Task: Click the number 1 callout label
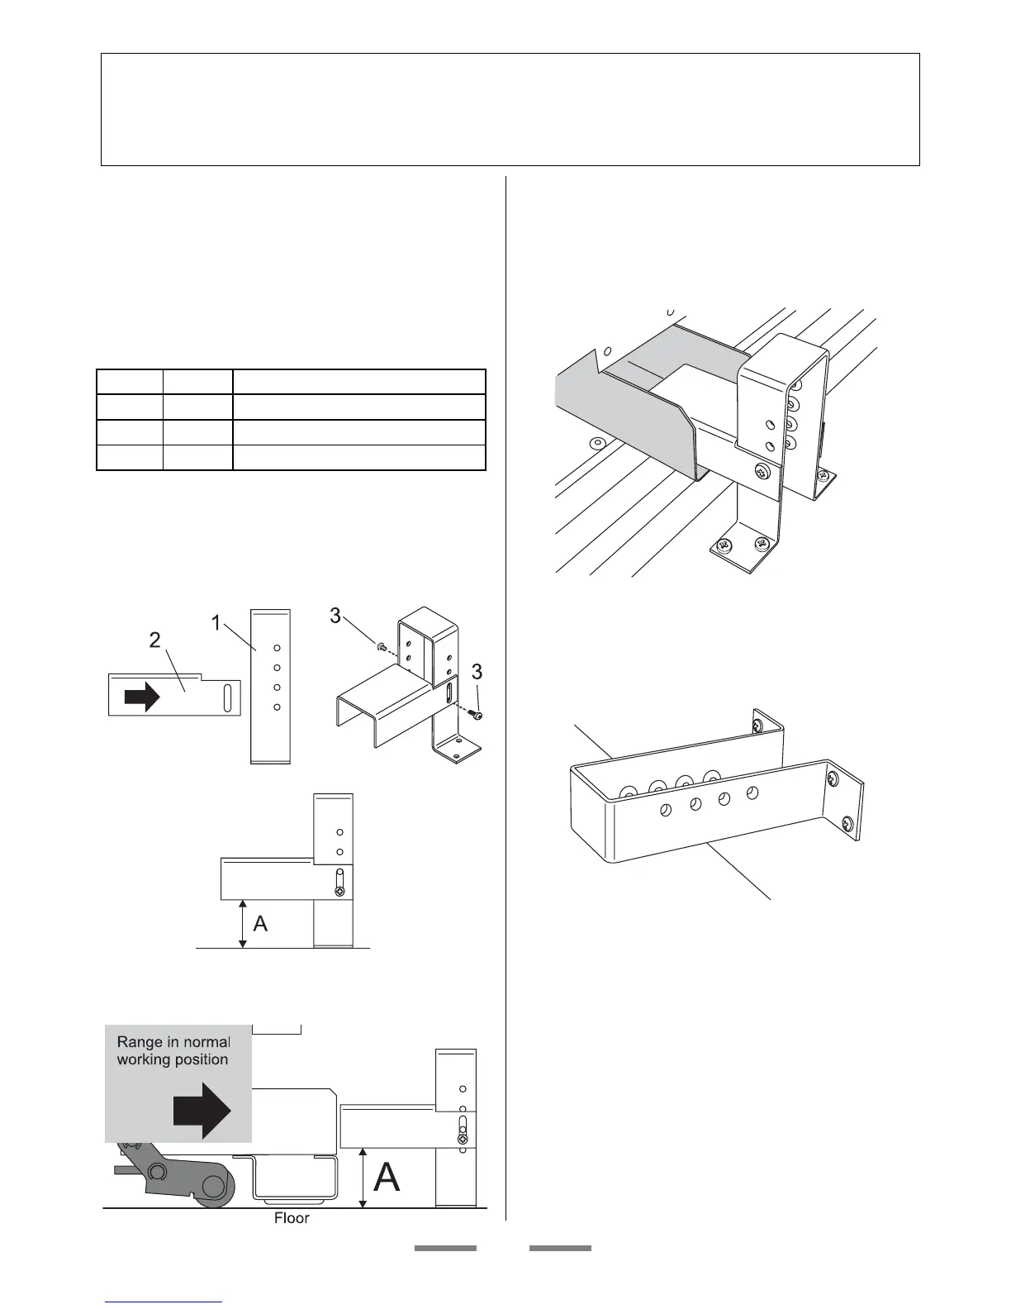pyautogui.click(x=216, y=623)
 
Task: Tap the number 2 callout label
pyautogui.click(x=155, y=640)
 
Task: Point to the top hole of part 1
pyautogui.click(x=278, y=648)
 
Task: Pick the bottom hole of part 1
pyautogui.click(x=278, y=707)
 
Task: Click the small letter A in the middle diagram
pyautogui.click(x=260, y=924)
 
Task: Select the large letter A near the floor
pyautogui.click(x=387, y=1177)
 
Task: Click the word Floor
pyautogui.click(x=292, y=1218)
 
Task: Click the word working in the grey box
pyautogui.click(x=142, y=1060)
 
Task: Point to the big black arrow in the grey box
pyautogui.click(x=202, y=1111)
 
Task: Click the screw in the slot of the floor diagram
pyautogui.click(x=463, y=1139)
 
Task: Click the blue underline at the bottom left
pyautogui.click(x=164, y=1302)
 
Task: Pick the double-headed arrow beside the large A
pyautogui.click(x=363, y=1178)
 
